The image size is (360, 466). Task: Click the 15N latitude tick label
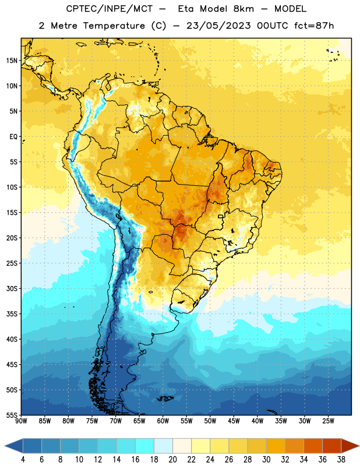click(12, 61)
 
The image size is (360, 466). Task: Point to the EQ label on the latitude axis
click(13, 137)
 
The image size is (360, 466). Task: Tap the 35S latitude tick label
click(12, 314)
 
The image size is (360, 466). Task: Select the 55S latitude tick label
click(12, 415)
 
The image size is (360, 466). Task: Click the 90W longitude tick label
click(21, 421)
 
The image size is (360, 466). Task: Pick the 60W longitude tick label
click(163, 421)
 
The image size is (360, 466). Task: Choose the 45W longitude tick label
click(234, 421)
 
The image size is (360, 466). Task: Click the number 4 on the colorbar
click(23, 460)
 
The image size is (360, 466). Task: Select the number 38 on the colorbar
click(341, 460)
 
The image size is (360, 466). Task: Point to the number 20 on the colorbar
click(172, 460)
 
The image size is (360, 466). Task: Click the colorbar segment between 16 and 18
click(144, 446)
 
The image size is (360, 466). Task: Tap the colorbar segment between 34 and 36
click(313, 446)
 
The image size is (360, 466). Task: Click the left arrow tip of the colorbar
click(5, 446)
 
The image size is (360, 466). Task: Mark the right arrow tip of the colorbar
click(359, 446)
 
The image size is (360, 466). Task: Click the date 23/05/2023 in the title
click(218, 26)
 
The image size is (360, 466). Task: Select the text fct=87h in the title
click(314, 26)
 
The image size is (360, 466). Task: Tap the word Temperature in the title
click(114, 26)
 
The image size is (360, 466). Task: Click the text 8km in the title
click(243, 9)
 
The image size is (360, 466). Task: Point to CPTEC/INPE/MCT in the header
click(109, 9)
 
